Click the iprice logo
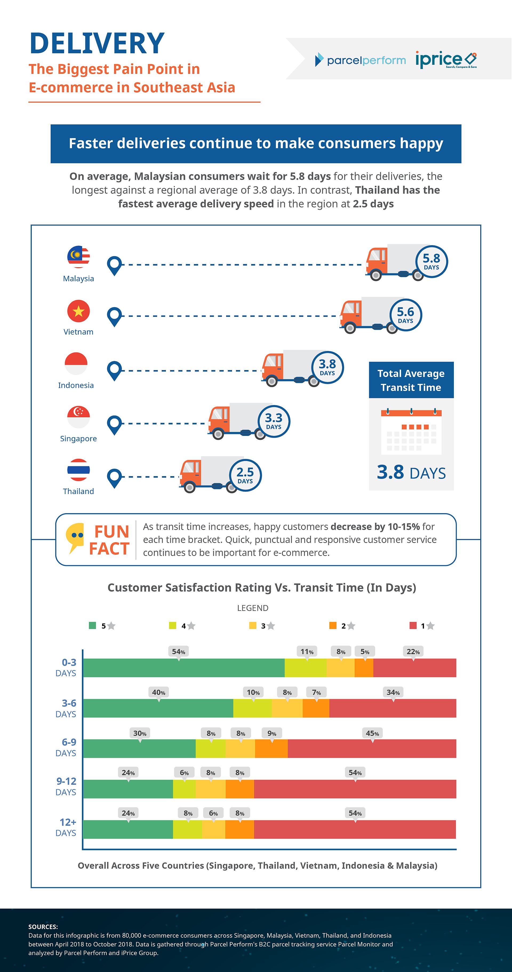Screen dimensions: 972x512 click(x=446, y=60)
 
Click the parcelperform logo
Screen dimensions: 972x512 click(x=360, y=60)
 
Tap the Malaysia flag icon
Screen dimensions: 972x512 click(x=79, y=257)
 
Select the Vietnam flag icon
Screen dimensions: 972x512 click(x=79, y=311)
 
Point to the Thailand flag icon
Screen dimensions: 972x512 click(x=79, y=470)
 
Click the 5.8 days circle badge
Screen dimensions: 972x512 click(x=431, y=261)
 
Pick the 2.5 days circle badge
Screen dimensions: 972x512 click(x=245, y=475)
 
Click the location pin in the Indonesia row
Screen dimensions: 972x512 click(x=114, y=371)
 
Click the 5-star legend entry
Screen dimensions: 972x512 click(x=102, y=626)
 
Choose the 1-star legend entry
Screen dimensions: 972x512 click(x=422, y=626)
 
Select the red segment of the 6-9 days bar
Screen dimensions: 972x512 click(x=372, y=749)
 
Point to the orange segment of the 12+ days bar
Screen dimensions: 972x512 click(x=240, y=829)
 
